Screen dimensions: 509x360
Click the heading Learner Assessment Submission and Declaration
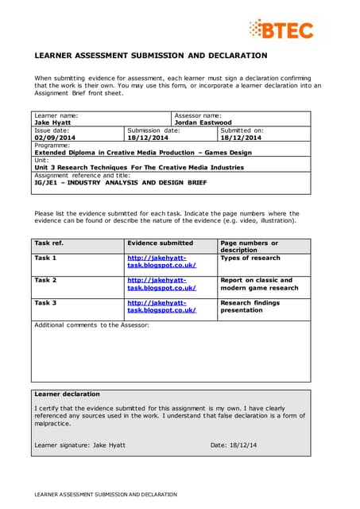[151, 56]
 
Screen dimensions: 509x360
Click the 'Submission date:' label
[153, 130]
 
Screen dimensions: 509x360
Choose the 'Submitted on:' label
[241, 130]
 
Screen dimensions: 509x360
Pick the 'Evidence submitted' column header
[160, 243]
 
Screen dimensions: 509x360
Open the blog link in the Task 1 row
[161, 262]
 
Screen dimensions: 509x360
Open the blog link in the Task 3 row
[161, 306]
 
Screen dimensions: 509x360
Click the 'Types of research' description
[250, 258]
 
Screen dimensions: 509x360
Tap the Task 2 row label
[45, 280]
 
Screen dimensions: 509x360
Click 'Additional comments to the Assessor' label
[91, 324]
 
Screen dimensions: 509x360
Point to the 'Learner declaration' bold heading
[67, 394]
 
